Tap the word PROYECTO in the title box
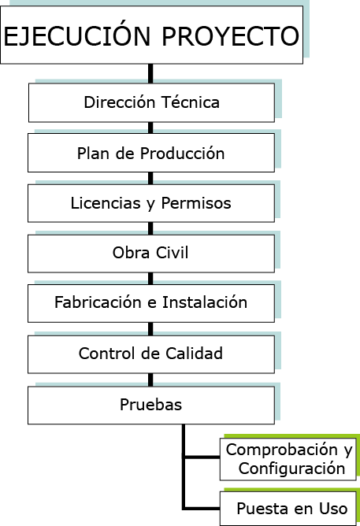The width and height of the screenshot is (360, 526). click(x=231, y=36)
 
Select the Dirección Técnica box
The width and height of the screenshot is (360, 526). click(x=151, y=102)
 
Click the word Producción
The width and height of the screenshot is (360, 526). click(x=182, y=154)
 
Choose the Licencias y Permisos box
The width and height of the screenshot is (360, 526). click(x=151, y=203)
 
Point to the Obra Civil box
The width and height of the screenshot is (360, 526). click(x=151, y=254)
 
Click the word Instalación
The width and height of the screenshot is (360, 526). click(x=205, y=302)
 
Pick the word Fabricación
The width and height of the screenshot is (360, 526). click(x=98, y=302)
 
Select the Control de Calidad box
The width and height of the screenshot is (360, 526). click(x=151, y=354)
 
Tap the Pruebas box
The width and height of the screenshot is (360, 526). click(x=151, y=406)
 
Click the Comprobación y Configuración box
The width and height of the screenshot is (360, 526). click(x=288, y=459)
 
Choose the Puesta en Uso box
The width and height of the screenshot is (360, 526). click(x=288, y=509)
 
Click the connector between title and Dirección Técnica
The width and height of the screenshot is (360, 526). click(x=150, y=73)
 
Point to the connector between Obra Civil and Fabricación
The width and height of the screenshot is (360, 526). click(x=150, y=279)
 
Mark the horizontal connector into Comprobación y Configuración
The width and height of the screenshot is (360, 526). click(x=202, y=457)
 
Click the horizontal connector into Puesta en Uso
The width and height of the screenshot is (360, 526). click(x=202, y=509)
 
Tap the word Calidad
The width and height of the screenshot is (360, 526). click(x=194, y=354)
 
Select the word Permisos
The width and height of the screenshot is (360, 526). click(x=196, y=203)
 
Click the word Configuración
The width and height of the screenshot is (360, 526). click(x=292, y=469)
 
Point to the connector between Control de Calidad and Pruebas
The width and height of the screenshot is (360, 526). click(x=150, y=380)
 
